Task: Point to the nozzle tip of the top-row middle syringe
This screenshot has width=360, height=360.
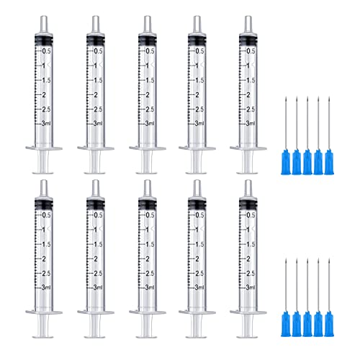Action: (145, 24)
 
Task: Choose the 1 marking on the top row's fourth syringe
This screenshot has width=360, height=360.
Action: (199, 66)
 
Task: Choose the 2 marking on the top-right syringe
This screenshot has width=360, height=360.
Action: (251, 94)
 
